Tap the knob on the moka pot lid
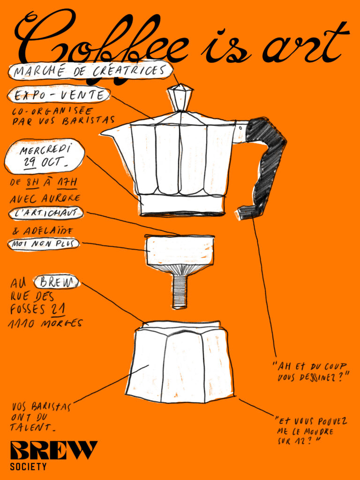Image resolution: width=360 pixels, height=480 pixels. coord(180,97)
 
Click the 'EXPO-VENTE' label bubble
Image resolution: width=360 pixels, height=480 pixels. coord(59,95)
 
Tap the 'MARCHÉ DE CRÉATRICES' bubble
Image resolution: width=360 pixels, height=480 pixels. coord(90,71)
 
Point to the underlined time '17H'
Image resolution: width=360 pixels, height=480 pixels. coord(67,183)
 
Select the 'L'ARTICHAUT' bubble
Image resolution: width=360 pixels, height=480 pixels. coord(46,213)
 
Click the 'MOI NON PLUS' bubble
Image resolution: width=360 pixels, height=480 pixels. coord(44,244)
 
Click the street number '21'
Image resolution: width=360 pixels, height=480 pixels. coord(58,309)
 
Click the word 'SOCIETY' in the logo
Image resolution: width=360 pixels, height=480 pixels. coord(28,467)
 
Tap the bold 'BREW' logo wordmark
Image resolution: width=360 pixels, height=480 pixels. coord(54,450)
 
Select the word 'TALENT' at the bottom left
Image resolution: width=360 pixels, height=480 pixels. coord(30,427)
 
